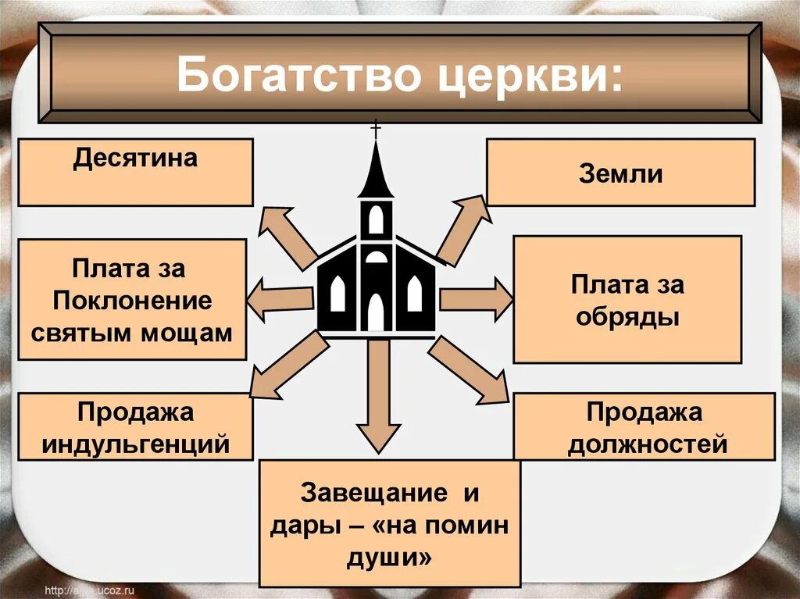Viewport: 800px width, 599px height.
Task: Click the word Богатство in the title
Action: pos(298,76)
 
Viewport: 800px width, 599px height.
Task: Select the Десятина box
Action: pos(136,172)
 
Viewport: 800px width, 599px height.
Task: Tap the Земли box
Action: pos(620,172)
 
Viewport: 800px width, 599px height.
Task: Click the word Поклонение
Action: pos(132,301)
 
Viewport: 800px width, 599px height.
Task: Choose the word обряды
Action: pos(627,318)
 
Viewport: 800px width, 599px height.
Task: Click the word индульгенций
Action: pos(136,444)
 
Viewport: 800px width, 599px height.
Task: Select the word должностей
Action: pos(648,444)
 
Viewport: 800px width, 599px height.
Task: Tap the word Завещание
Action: pos(374,493)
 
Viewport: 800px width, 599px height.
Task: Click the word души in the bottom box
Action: pos(389,557)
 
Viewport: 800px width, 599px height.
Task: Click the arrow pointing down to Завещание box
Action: pos(378,396)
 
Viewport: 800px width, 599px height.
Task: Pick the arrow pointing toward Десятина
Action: pos(290,236)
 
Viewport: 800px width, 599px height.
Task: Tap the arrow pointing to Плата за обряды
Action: pos(476,300)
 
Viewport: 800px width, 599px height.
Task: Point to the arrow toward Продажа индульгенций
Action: pos(290,365)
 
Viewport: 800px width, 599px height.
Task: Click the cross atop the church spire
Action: pos(376,130)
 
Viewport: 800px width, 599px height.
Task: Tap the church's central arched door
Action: pos(376,312)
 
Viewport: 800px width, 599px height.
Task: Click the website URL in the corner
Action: pos(90,591)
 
